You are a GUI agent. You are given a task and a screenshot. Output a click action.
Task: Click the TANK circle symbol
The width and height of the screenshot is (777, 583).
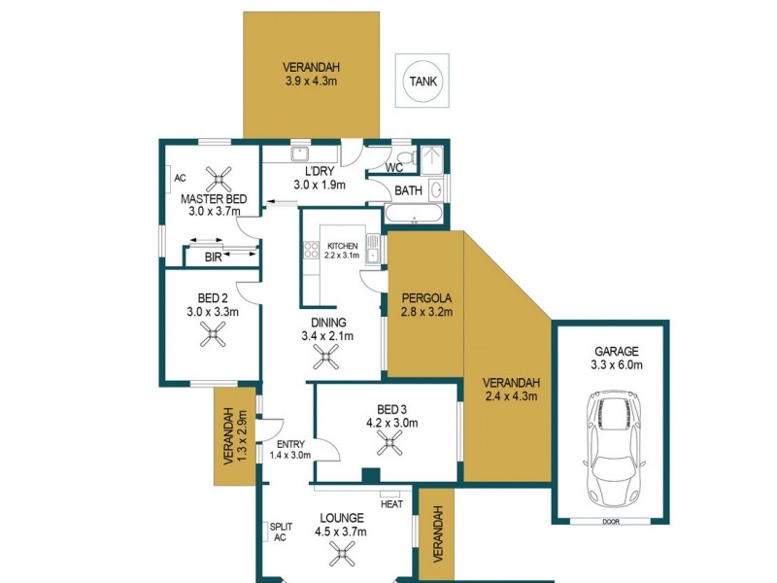(422, 83)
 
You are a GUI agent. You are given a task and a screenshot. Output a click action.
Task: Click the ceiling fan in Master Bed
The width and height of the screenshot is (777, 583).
(220, 177)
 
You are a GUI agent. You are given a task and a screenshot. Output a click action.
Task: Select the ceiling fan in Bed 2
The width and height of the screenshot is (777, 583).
(213, 335)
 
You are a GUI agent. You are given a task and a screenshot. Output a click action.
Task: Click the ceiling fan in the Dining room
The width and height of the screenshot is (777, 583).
(326, 360)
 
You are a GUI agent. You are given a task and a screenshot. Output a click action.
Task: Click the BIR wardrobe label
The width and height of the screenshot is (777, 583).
(214, 257)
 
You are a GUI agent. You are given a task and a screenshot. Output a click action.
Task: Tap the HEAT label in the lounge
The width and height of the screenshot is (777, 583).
(391, 504)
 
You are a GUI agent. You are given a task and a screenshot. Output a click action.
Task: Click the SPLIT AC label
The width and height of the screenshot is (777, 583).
(278, 532)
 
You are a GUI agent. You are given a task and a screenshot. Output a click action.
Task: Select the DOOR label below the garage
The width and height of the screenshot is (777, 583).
(610, 521)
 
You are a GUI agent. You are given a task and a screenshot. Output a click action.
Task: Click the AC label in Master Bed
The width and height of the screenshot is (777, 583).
(180, 179)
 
